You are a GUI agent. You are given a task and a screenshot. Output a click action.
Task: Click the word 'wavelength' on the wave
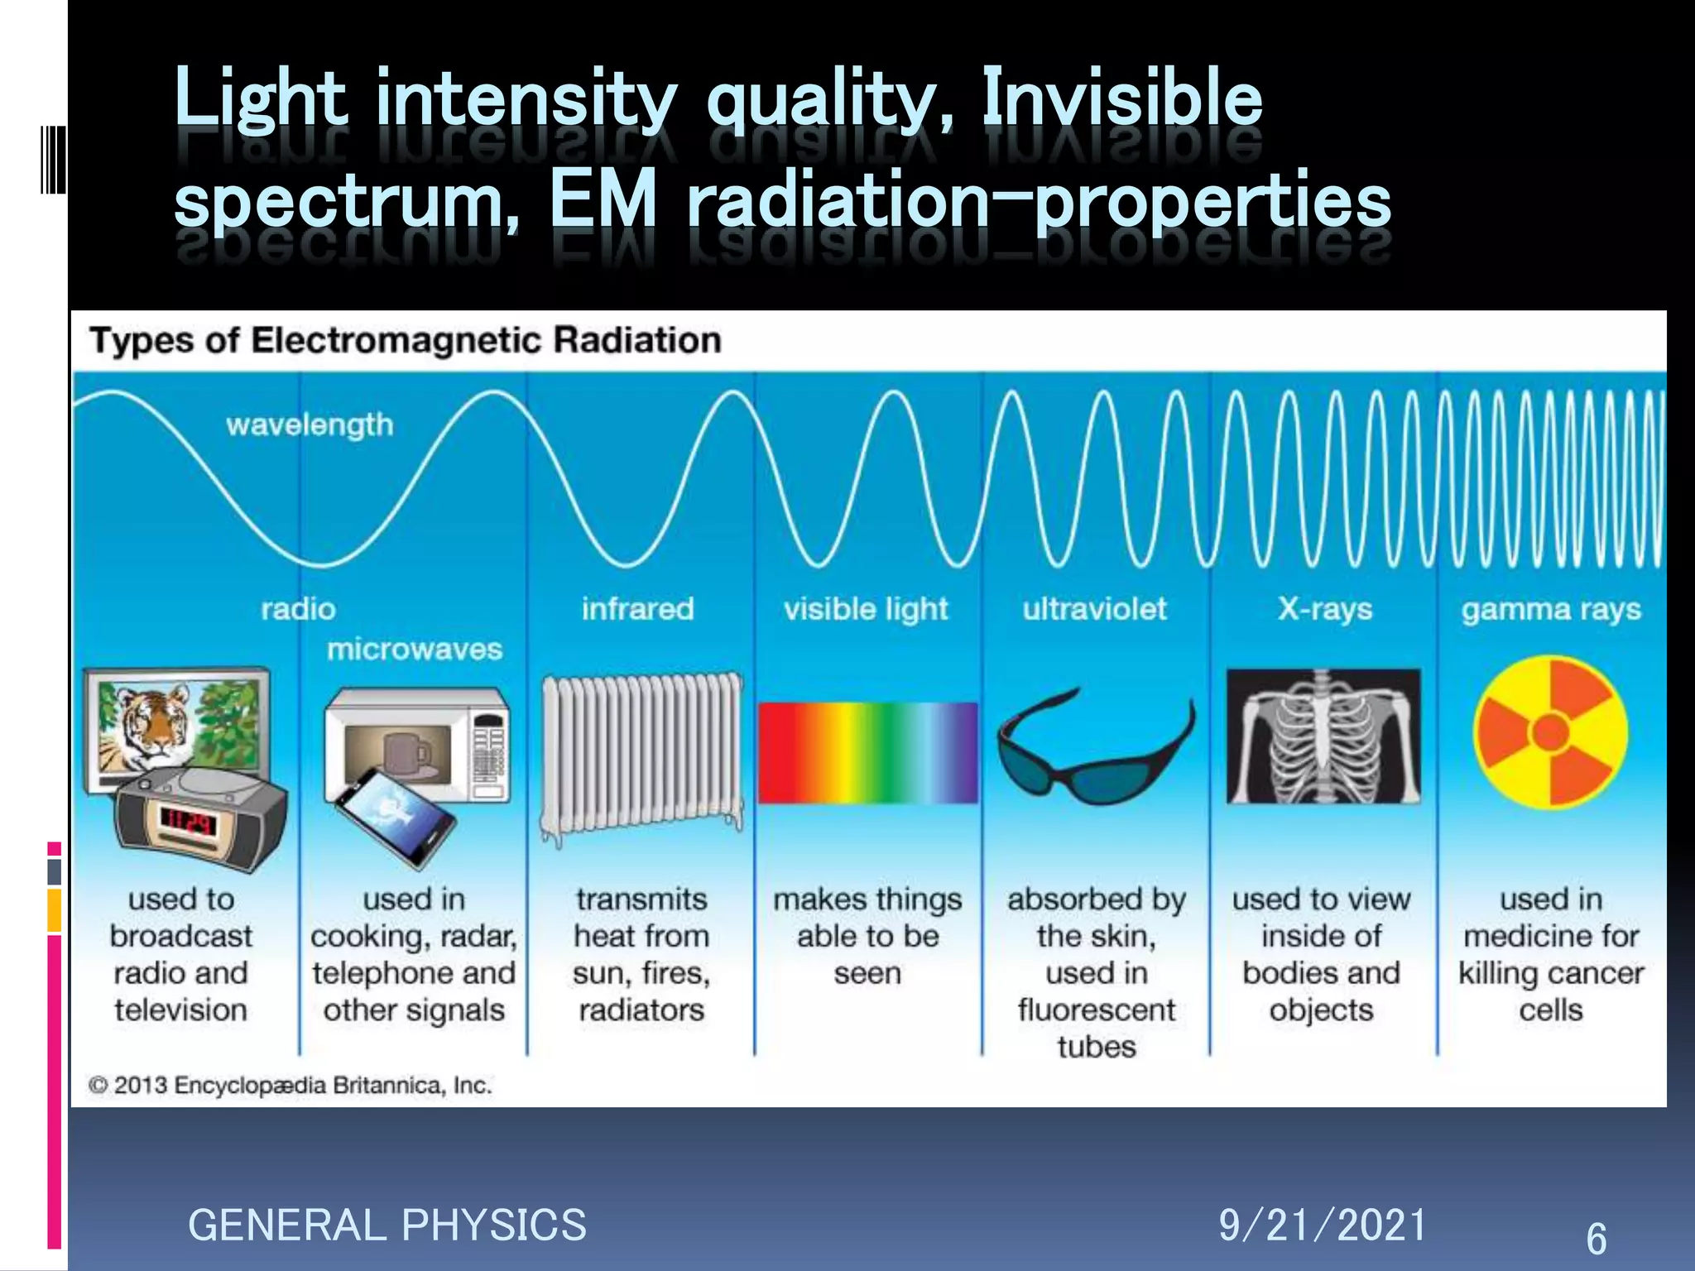[310, 424]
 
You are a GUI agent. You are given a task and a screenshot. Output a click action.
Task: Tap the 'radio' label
[298, 609]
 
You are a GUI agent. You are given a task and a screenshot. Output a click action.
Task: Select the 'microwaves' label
[415, 650]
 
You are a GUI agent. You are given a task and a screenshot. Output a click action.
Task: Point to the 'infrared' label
[637, 609]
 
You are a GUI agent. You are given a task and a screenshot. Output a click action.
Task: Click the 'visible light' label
[866, 609]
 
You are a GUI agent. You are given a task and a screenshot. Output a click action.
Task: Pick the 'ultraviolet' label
[1094, 609]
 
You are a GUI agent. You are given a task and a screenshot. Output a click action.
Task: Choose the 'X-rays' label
[1324, 609]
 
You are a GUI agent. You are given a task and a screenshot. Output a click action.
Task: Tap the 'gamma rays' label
[1551, 610]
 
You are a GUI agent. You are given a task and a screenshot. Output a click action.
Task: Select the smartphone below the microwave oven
[396, 815]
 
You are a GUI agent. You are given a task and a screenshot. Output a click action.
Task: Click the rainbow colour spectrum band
[867, 752]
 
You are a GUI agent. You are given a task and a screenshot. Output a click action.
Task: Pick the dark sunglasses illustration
[1094, 749]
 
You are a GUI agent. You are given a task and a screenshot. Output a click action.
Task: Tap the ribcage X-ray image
[1323, 736]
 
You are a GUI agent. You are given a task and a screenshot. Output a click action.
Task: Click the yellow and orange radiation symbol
[1550, 732]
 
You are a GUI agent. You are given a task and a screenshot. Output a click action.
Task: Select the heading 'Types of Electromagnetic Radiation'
[406, 340]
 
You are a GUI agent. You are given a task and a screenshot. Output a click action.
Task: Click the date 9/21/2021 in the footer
[1323, 1225]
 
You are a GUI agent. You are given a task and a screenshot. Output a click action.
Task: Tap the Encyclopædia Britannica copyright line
[291, 1085]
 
